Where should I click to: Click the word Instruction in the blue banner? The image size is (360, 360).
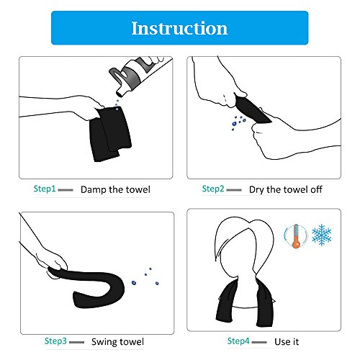(179, 28)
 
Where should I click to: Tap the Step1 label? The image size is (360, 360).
(45, 189)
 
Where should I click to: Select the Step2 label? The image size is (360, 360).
(213, 189)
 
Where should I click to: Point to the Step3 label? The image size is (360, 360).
(55, 341)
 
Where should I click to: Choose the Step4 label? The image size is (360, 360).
(238, 341)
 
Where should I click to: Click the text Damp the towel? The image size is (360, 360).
(115, 189)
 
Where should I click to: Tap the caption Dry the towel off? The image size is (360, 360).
(286, 189)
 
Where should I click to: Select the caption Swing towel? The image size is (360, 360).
(117, 342)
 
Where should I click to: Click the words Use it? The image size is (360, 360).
(287, 341)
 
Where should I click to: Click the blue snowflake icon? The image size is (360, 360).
(321, 235)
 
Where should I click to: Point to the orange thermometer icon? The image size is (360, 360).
(296, 236)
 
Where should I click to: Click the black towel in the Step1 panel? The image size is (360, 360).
(110, 133)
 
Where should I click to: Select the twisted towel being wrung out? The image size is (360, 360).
(252, 109)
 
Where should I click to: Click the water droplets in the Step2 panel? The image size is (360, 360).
(238, 122)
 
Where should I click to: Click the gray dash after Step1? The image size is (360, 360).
(66, 190)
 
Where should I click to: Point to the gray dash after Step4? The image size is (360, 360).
(259, 342)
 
